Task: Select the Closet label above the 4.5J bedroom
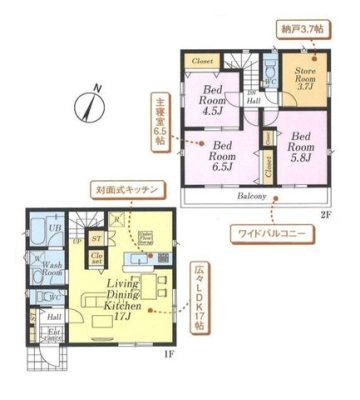tap(202, 61)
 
